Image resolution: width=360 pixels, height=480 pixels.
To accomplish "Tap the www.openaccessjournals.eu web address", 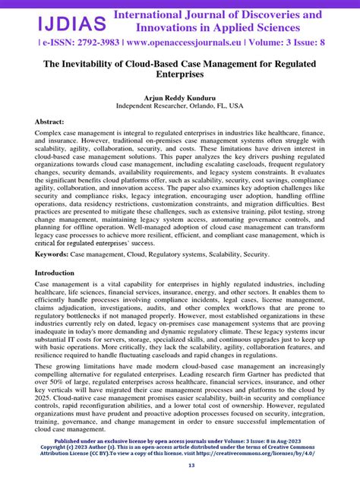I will [x=163, y=43].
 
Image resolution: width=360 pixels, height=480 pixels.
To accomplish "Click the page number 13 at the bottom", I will [x=180, y=466].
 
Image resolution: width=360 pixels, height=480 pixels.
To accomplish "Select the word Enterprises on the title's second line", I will [x=180, y=77].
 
